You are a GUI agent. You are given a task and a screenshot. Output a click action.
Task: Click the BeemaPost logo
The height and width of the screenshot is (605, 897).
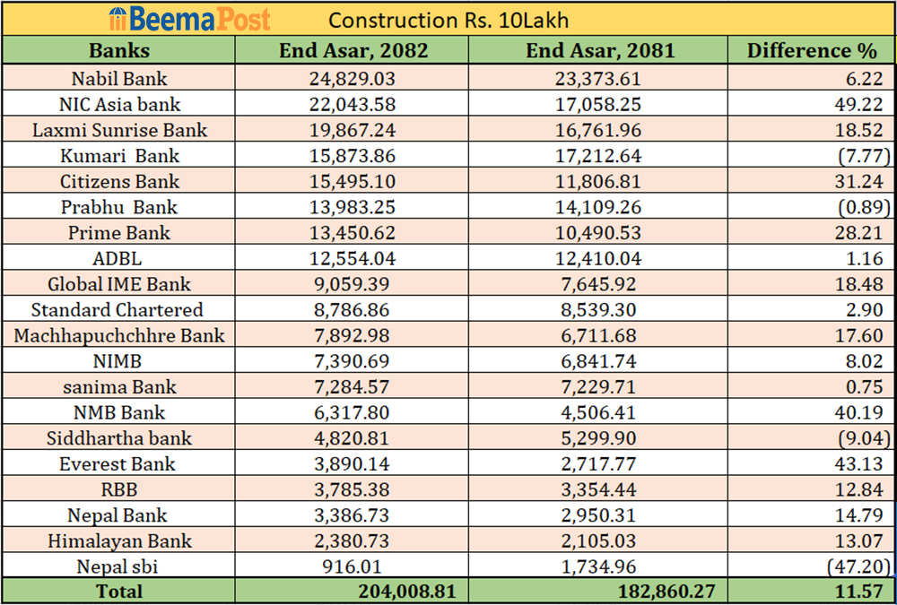tap(188, 19)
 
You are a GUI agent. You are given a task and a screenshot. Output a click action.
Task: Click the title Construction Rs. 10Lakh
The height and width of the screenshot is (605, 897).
tap(448, 20)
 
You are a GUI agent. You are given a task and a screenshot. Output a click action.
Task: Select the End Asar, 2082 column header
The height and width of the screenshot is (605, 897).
tap(353, 50)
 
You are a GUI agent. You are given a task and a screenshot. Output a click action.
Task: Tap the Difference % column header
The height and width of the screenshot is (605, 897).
tap(812, 50)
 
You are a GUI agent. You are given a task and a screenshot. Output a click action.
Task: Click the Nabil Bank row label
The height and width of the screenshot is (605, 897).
tap(119, 79)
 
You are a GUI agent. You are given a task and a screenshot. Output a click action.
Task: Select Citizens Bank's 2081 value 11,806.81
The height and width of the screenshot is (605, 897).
tap(597, 182)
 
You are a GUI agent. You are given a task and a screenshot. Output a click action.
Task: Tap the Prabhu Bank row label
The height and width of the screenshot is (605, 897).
tap(119, 207)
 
